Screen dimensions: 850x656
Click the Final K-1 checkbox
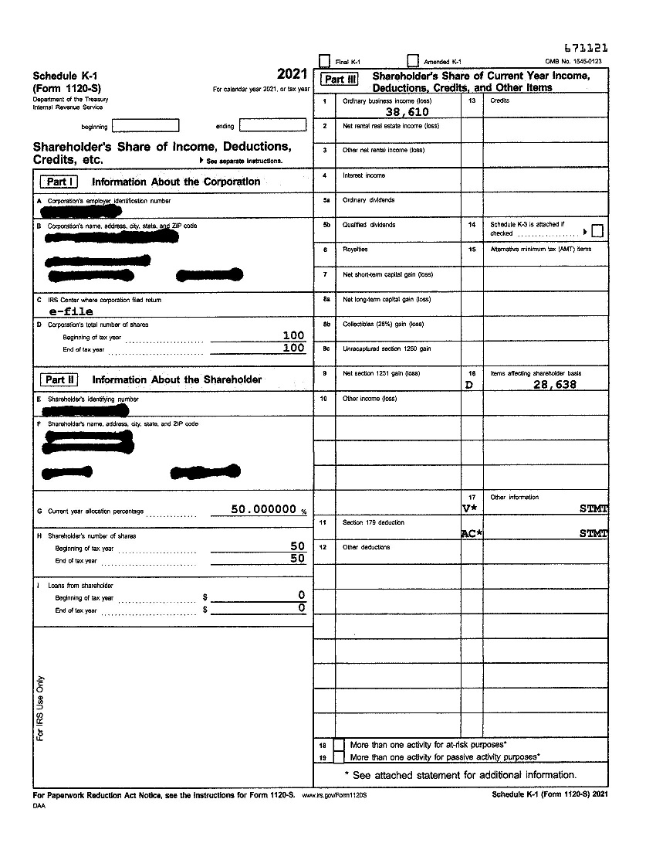click(324, 61)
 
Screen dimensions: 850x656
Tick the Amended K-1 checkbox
click(413, 61)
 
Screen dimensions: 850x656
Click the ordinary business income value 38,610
click(407, 112)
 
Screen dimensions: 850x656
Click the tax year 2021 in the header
click(292, 75)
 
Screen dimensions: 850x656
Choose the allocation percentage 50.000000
click(264, 509)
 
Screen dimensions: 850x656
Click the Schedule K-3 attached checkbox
click(597, 231)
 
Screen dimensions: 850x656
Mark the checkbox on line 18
click(339, 745)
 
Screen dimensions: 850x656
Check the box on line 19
click(339, 757)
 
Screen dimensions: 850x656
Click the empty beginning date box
click(146, 125)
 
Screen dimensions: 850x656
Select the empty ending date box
click(272, 125)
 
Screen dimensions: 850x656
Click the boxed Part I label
click(58, 182)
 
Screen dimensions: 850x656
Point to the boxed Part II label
click(59, 379)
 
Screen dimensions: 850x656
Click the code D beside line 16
click(468, 384)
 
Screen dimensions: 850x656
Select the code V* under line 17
click(468, 508)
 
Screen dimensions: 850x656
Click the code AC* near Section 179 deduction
click(471, 534)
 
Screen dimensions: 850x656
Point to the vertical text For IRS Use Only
click(41, 709)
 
